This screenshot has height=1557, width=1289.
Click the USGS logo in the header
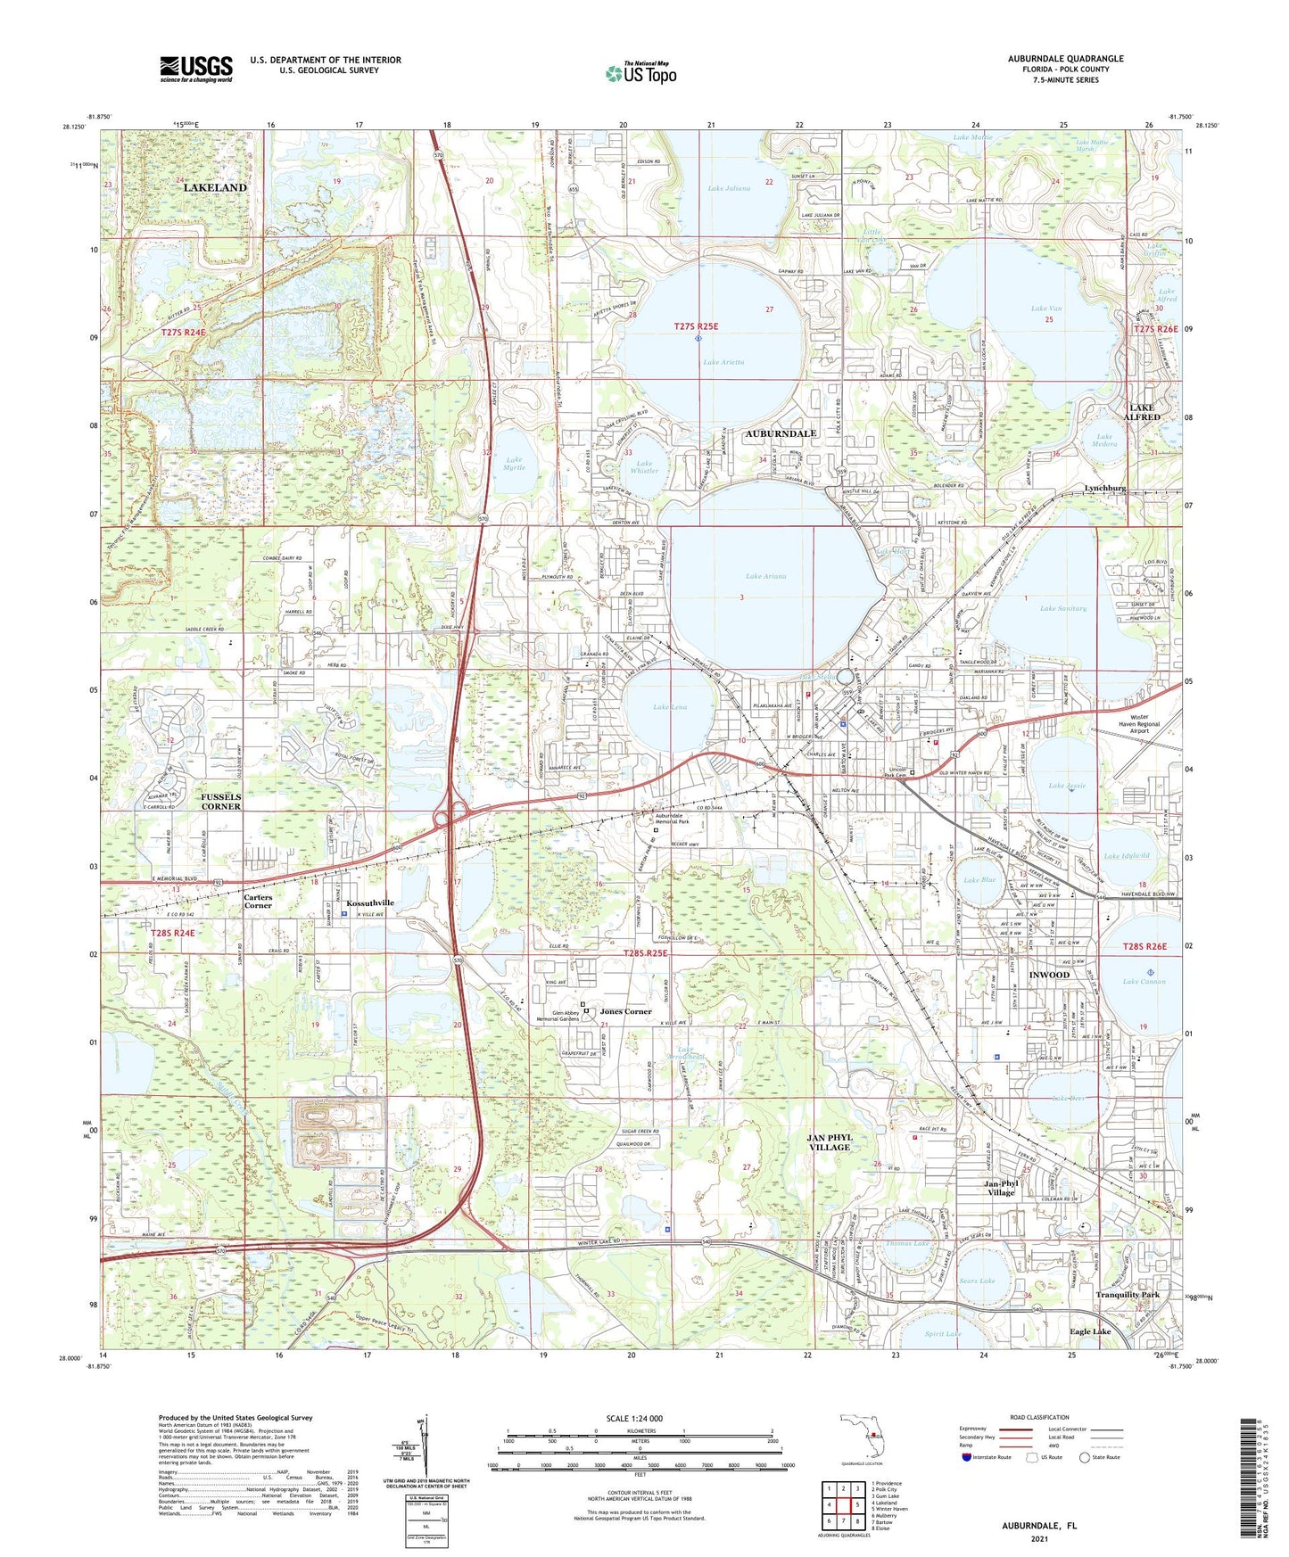pyautogui.click(x=196, y=69)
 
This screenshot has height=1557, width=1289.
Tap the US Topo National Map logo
pyautogui.click(x=640, y=73)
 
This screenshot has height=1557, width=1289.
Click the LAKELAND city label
pyautogui.click(x=215, y=188)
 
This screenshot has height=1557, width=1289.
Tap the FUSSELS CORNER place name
pyautogui.click(x=220, y=801)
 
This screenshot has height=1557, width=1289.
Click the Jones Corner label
pyautogui.click(x=625, y=1011)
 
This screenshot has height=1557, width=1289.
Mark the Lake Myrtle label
pyautogui.click(x=514, y=464)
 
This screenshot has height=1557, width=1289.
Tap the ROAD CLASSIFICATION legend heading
pyautogui.click(x=1040, y=1417)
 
